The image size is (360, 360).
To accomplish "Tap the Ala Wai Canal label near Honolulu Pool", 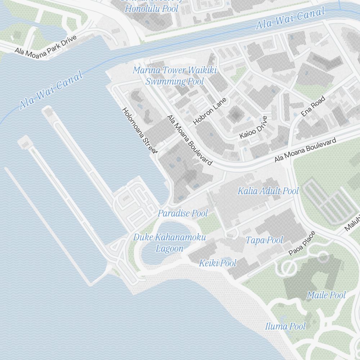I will tap(290, 18).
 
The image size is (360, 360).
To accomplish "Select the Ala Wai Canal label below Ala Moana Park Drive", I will tap(51, 90).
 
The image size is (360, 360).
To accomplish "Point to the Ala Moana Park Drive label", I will tap(46, 45).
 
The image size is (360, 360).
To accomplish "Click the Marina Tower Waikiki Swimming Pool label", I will tap(175, 76).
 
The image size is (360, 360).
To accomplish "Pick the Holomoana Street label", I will tap(140, 130).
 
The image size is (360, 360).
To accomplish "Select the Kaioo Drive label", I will tap(254, 127).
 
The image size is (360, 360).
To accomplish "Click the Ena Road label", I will tap(313, 106).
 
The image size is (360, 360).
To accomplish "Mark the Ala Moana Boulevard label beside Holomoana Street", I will tap(189, 140).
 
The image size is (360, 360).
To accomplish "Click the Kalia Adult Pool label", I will tap(268, 191).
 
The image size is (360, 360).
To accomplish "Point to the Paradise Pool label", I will tap(183, 213).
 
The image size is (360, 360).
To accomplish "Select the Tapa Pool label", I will tap(265, 240).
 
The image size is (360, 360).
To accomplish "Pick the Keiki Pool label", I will tap(218, 263).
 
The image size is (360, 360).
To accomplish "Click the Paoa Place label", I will tap(302, 243).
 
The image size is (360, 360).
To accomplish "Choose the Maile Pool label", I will tap(326, 295).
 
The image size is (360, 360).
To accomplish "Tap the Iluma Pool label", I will tap(285, 326).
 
